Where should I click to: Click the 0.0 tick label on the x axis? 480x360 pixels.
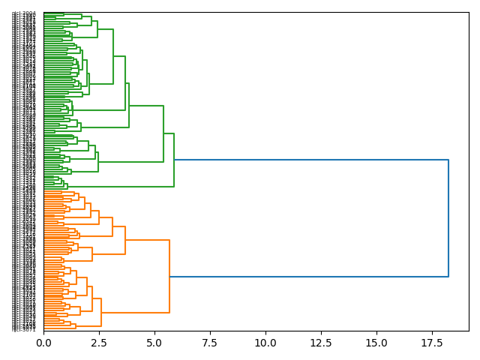[x=43, y=343]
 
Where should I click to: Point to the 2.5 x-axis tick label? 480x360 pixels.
[x=99, y=343]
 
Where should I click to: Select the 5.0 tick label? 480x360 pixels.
[x=154, y=343]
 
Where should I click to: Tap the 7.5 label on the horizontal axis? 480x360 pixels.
[x=210, y=343]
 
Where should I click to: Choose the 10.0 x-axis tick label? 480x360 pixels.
[x=265, y=343]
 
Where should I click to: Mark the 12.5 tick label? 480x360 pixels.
[x=321, y=343]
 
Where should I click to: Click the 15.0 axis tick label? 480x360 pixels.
[x=376, y=343]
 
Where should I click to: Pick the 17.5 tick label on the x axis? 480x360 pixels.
[x=432, y=343]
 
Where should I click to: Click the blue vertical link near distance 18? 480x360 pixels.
[x=448, y=218]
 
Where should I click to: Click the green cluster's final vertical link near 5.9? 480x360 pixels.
[x=174, y=160]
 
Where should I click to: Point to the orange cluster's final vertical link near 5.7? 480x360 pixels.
[x=169, y=277]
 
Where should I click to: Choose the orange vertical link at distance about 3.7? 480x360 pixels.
[x=125, y=240]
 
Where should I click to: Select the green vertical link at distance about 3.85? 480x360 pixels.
[x=129, y=105]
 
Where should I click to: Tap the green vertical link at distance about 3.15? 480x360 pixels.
[x=113, y=56]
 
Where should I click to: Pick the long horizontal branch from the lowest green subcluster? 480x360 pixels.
[x=120, y=186]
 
